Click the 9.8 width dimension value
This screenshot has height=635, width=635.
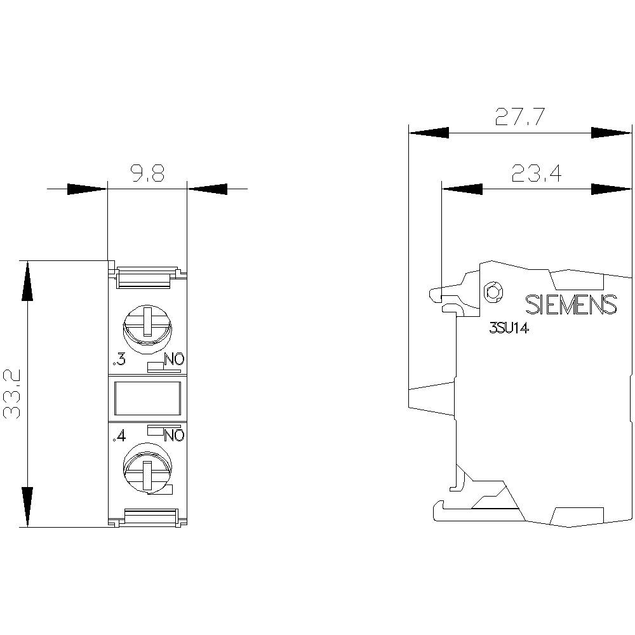[148, 173]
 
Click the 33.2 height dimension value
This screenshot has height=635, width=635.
[13, 394]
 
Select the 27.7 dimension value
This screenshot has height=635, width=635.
[519, 117]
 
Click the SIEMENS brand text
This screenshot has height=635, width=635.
[571, 305]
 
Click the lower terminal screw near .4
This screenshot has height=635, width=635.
[147, 469]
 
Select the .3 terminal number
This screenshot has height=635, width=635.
[118, 361]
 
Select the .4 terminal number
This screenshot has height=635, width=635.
[118, 436]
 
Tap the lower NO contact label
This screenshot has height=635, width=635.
[174, 436]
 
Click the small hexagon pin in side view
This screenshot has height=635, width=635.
[493, 292]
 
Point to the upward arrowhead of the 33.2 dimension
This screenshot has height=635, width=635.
[27, 282]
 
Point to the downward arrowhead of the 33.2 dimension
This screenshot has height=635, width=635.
[27, 506]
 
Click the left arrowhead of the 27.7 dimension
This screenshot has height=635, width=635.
[429, 133]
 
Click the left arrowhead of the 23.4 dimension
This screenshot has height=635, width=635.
[462, 189]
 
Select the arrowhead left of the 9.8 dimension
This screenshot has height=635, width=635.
[86, 189]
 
